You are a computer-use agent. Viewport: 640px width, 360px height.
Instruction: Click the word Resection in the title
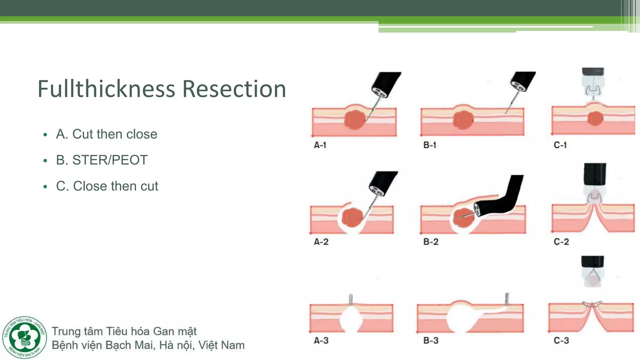(234, 89)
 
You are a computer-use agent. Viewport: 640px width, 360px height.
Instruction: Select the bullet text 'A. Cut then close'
(107, 134)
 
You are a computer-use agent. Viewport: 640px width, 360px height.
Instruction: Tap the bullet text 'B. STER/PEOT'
(102, 160)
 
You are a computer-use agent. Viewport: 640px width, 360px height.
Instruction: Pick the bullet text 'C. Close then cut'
(107, 186)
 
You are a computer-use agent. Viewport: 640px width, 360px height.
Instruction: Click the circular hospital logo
(25, 337)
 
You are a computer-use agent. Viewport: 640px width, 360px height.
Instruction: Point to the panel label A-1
(320, 145)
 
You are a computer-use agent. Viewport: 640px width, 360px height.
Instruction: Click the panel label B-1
(430, 145)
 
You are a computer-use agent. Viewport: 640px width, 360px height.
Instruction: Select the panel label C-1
(560, 145)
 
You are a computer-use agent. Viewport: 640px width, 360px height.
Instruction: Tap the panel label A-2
(321, 242)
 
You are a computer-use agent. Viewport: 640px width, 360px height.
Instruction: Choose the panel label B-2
(431, 242)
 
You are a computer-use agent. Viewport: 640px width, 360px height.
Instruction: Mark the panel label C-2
(561, 242)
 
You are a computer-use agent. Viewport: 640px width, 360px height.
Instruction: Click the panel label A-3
(321, 340)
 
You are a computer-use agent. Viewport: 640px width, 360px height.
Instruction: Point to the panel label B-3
(431, 340)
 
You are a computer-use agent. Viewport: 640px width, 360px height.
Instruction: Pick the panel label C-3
(561, 340)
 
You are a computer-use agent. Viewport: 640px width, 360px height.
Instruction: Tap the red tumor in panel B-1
(463, 120)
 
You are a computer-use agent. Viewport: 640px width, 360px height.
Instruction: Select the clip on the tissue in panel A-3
(351, 299)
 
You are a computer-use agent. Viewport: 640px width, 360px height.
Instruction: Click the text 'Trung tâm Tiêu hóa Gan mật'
(124, 331)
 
